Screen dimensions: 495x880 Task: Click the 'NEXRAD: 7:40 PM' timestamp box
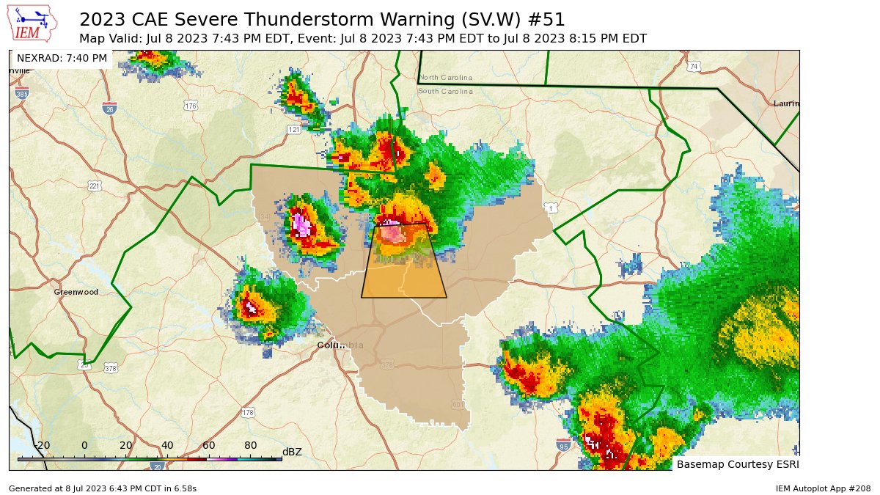tap(62, 58)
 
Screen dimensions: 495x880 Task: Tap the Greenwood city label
tap(76, 292)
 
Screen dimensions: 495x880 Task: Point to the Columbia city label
tap(340, 345)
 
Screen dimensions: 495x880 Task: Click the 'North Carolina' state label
tap(445, 78)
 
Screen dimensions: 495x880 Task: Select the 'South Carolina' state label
tap(445, 91)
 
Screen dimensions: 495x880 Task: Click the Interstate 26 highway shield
tap(109, 108)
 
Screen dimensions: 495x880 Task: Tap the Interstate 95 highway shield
tap(563, 445)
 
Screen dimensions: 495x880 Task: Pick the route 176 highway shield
tap(191, 106)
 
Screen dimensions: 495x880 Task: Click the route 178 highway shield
tap(248, 413)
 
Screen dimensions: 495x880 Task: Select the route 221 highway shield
tap(95, 186)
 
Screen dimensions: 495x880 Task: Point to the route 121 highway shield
tap(294, 130)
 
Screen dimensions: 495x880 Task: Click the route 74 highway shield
tap(694, 67)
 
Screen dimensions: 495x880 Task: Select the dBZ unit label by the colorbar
tap(292, 452)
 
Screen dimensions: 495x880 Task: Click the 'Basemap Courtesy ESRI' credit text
tap(737, 464)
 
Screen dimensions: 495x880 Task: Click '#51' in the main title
tap(546, 19)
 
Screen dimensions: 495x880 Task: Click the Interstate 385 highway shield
tap(22, 94)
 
